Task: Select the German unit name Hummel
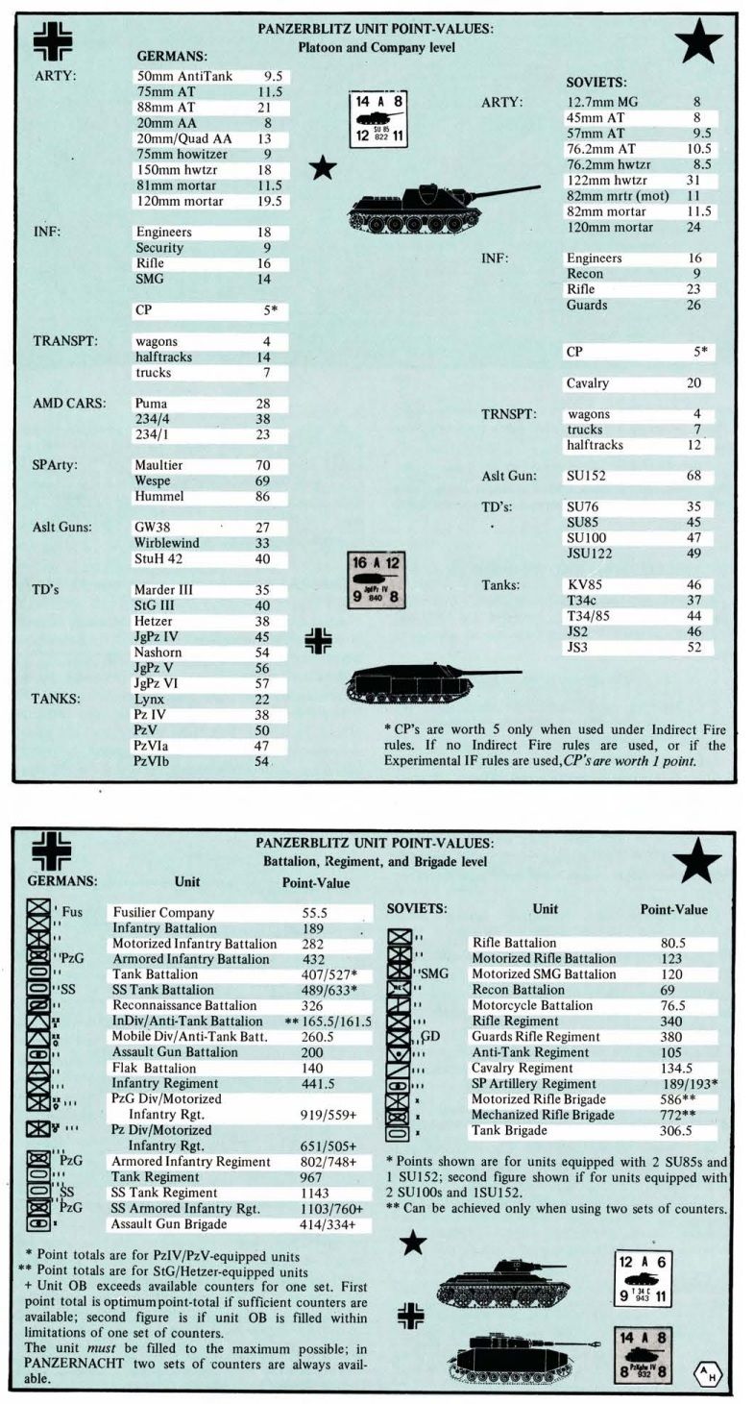[x=159, y=497]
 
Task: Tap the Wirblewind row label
[x=166, y=543]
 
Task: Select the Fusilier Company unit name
[x=163, y=912]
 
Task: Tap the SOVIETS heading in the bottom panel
[x=417, y=908]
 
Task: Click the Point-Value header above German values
[x=316, y=883]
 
